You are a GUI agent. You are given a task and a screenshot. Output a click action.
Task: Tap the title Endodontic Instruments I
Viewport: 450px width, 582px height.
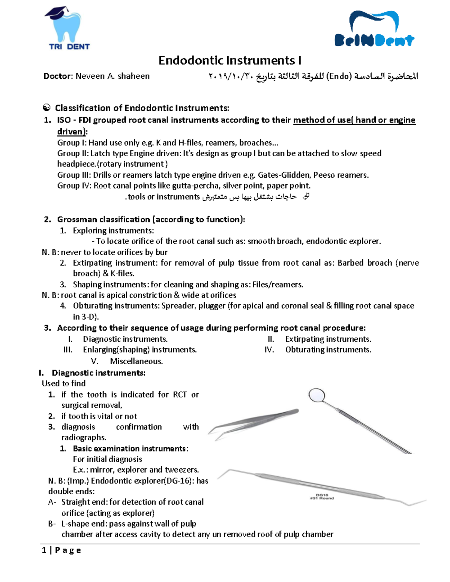[229, 60]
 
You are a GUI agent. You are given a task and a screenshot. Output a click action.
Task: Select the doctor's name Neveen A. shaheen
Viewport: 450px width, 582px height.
[112, 76]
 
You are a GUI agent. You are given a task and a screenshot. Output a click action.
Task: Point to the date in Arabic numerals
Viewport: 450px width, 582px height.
[231, 76]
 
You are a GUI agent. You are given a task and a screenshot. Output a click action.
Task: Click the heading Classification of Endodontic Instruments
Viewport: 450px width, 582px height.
[142, 108]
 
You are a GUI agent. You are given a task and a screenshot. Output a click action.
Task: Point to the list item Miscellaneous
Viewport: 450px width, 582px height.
[136, 361]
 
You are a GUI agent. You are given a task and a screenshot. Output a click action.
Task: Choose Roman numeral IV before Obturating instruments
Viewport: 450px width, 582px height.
[269, 350]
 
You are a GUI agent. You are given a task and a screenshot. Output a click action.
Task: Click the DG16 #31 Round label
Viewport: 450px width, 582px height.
[322, 497]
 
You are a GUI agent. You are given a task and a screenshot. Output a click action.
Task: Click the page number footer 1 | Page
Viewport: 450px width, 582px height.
[61, 550]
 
